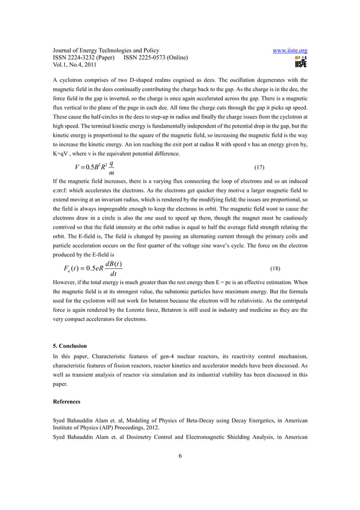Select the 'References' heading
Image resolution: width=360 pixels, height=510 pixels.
67,402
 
